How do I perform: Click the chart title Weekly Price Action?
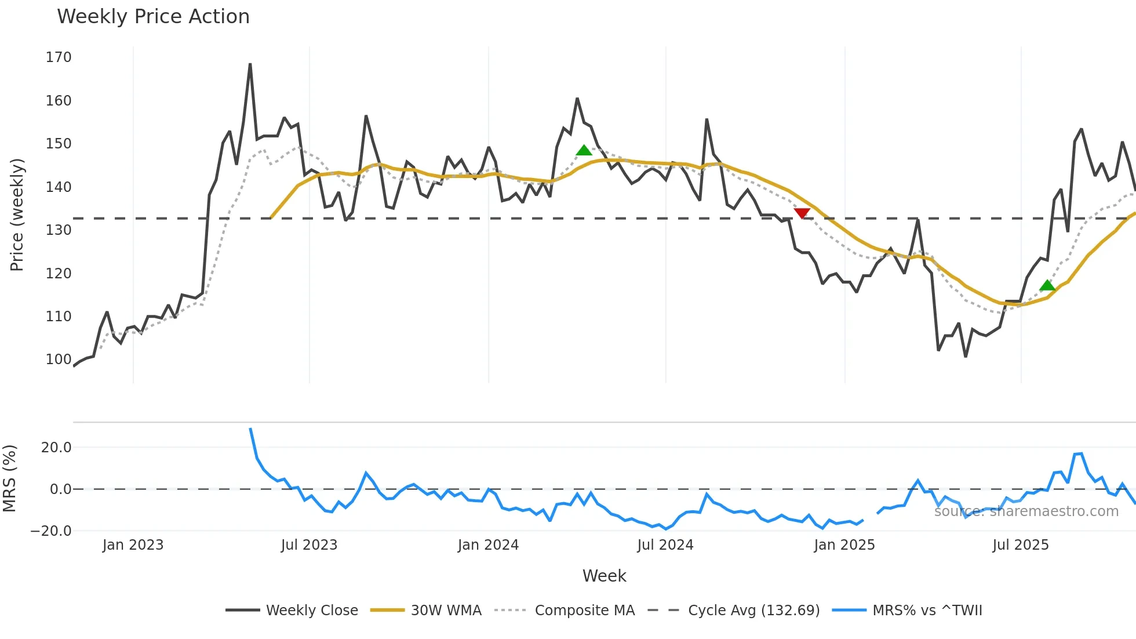click(153, 17)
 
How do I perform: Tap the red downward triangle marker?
click(802, 213)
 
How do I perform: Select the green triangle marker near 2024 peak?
click(584, 151)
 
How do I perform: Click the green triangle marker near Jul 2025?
click(1047, 285)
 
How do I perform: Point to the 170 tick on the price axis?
click(59, 57)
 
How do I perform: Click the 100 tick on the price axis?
click(59, 360)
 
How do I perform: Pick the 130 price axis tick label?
click(59, 230)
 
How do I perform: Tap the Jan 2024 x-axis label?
click(488, 545)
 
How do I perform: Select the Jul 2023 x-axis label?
click(309, 545)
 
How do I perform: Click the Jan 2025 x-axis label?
click(844, 545)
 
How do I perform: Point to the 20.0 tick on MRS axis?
click(56, 448)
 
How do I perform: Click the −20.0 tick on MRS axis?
click(51, 531)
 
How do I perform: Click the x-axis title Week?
click(604, 576)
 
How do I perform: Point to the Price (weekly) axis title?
click(17, 215)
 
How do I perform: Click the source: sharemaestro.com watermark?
click(1026, 511)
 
